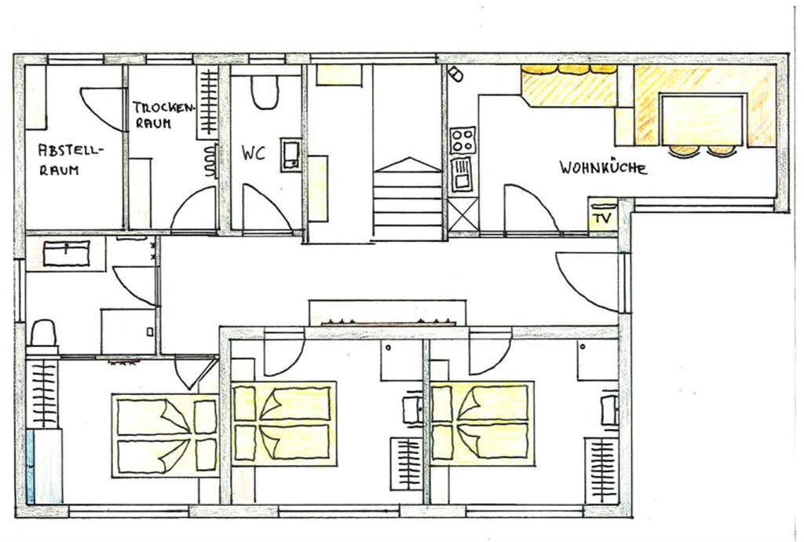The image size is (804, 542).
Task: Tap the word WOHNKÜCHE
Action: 602,167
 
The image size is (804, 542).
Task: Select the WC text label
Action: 254,153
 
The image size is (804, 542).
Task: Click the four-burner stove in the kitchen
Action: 462,140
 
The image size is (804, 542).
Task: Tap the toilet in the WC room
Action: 265,93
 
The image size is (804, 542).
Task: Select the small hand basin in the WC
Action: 291,154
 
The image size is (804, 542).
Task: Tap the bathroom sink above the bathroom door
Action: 66,253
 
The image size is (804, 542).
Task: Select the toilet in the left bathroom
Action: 43,337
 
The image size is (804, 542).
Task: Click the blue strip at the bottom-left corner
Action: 30,466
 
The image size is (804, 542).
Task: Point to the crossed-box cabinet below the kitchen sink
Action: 463,216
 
